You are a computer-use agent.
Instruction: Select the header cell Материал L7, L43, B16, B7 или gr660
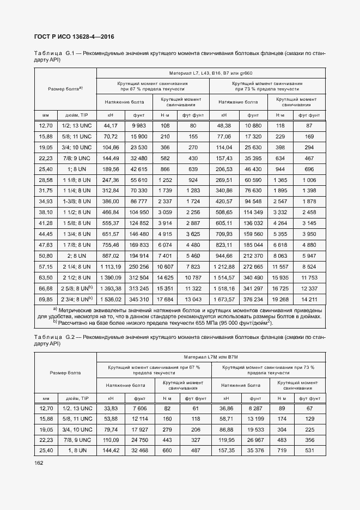point(210,72)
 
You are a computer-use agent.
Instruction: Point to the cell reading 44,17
point(111,125)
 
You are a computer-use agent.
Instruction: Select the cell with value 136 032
point(253,223)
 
